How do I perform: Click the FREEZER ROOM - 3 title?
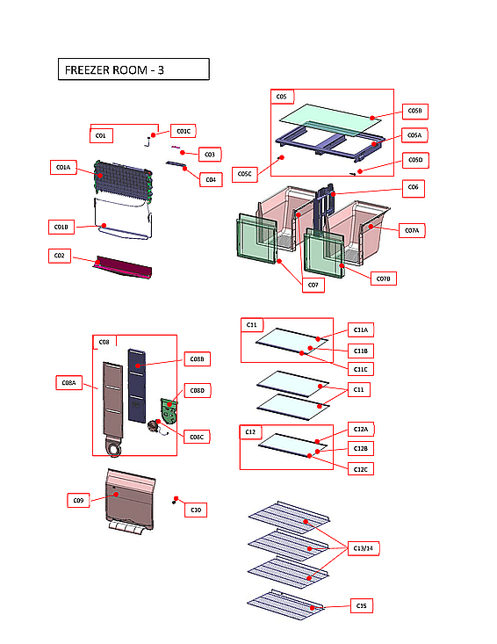133,69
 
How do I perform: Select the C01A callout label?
63,167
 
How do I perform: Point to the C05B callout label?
415,111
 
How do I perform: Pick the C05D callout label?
415,160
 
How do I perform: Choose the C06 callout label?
414,187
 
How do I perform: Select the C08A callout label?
68,382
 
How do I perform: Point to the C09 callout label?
79,501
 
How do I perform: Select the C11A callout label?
361,329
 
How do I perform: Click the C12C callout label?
361,469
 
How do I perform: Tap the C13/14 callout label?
362,548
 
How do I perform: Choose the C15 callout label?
361,605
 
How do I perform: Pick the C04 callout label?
209,180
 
